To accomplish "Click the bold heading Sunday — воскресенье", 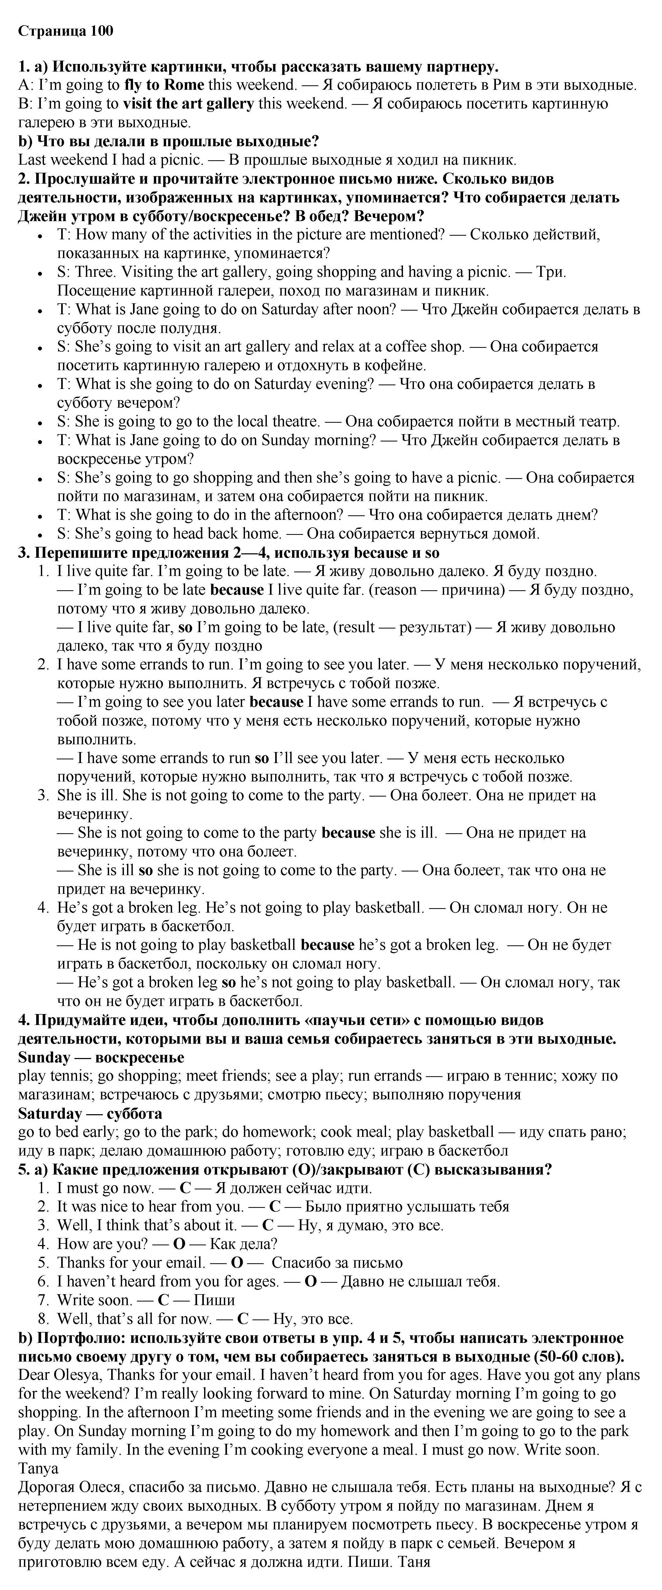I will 101,1057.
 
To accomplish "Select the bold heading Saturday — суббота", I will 90,1113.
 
